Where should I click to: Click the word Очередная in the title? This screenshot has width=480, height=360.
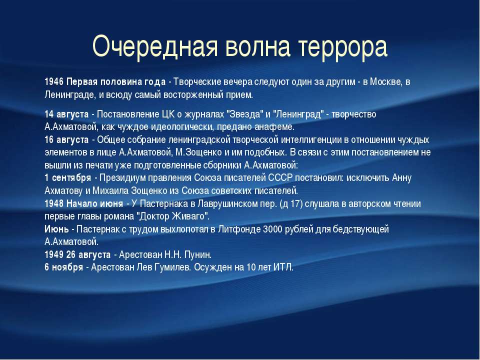click(x=155, y=47)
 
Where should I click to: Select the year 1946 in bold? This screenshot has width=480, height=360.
click(x=54, y=81)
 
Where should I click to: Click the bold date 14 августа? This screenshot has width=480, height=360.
click(x=66, y=114)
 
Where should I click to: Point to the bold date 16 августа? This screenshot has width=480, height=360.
click(x=66, y=140)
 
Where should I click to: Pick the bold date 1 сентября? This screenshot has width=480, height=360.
click(x=67, y=178)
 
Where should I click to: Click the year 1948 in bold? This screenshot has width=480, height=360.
click(x=54, y=203)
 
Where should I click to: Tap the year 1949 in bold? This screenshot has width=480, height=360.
click(x=54, y=254)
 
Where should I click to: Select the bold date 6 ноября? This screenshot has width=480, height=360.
click(x=63, y=267)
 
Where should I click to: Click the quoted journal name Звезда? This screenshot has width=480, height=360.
click(x=244, y=114)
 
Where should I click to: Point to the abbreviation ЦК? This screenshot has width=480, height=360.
click(x=168, y=114)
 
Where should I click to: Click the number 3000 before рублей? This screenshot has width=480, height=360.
click(x=272, y=229)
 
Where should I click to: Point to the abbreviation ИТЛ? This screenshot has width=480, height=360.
click(x=283, y=267)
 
